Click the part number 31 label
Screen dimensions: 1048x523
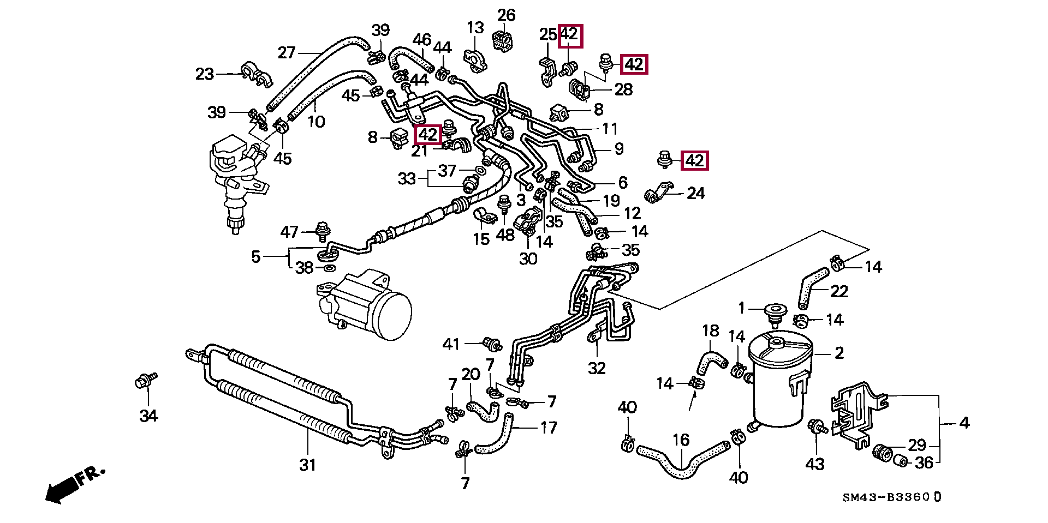[307, 465]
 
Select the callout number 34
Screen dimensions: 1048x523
[148, 416]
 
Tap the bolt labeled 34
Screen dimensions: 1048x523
[145, 380]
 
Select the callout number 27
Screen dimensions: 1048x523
[287, 52]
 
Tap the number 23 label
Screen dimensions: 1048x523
[205, 74]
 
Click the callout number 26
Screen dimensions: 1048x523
[506, 15]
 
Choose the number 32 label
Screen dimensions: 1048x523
[597, 368]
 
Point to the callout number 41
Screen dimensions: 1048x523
[451, 344]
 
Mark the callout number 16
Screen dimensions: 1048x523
[681, 440]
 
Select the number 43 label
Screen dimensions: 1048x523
[815, 464]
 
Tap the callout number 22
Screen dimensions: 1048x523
[839, 291]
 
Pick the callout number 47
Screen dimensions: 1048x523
[289, 232]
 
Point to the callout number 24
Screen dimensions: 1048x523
[696, 193]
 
